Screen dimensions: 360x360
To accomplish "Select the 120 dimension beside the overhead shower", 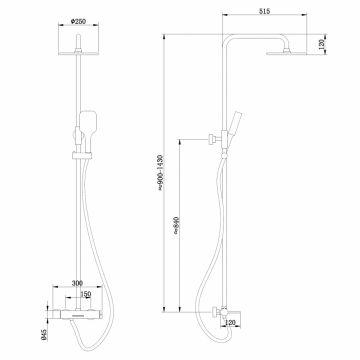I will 320,46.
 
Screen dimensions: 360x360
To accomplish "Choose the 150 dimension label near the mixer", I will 89,296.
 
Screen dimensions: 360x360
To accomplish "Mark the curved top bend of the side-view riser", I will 229,42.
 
